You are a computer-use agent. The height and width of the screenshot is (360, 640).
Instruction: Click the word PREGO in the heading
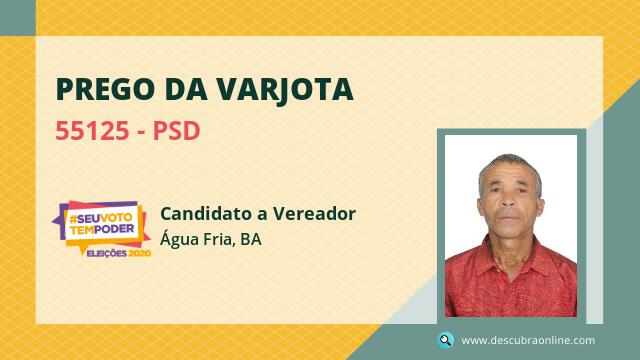click(105, 89)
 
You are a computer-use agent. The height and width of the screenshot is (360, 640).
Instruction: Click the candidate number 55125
click(92, 131)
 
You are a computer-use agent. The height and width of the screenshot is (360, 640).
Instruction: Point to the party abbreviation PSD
click(176, 131)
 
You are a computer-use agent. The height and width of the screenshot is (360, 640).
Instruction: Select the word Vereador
click(314, 213)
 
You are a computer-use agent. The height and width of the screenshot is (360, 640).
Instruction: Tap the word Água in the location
click(179, 239)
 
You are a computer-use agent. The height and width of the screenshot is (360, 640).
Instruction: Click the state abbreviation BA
click(251, 240)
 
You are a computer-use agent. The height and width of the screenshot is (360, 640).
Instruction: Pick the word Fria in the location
click(219, 240)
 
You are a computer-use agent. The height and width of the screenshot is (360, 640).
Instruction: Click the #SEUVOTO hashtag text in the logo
click(101, 218)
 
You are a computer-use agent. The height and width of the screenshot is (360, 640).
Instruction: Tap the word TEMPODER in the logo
click(102, 229)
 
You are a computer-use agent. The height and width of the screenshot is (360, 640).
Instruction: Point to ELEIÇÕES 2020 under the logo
click(119, 253)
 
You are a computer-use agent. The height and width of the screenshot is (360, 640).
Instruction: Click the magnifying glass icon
click(445, 340)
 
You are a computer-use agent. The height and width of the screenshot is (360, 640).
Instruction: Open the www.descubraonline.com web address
click(528, 340)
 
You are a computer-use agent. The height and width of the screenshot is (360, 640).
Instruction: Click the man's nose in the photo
click(509, 200)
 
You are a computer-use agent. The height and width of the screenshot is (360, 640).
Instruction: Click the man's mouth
click(509, 217)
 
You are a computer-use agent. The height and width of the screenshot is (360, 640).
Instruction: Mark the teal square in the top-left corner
click(18, 18)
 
